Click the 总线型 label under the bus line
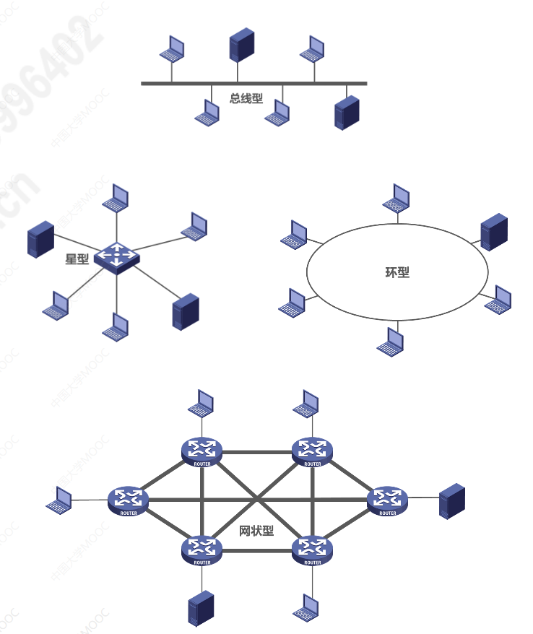click(246, 98)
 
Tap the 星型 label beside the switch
click(77, 259)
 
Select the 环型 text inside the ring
click(397, 273)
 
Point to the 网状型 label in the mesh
click(256, 531)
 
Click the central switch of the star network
click(116, 256)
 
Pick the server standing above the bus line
click(242, 45)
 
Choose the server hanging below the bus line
click(347, 112)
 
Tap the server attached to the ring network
click(494, 231)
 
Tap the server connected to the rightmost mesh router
click(452, 501)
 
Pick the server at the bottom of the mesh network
click(201, 608)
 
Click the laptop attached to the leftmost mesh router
click(60, 500)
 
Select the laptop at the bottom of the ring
click(391, 342)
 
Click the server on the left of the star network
click(40, 240)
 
